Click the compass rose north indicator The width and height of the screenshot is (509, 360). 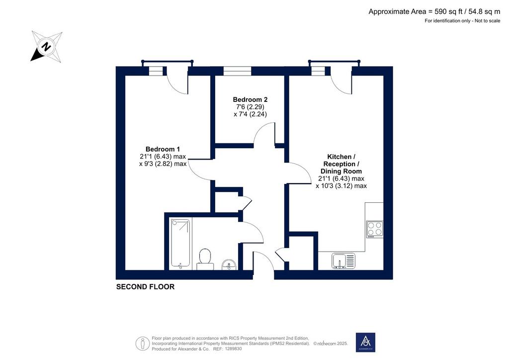click(46, 46)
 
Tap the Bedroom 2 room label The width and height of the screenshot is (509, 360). click(250, 99)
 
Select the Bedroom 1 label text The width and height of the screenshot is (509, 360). click(163, 149)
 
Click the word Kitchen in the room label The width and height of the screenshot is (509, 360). click(339, 157)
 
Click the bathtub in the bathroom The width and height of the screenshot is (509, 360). click(180, 244)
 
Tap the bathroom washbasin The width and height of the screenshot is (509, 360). click(229, 264)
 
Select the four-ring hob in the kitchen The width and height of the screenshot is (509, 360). click(375, 229)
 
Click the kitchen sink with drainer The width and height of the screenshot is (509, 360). click(343, 261)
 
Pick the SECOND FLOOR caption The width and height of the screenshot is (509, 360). click(146, 286)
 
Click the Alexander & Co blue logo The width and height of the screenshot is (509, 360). click(365, 342)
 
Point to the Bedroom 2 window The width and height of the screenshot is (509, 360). click(238, 71)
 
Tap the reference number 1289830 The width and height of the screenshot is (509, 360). click(231, 349)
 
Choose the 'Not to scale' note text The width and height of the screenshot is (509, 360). click(488, 21)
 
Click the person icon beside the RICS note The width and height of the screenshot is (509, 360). click(143, 344)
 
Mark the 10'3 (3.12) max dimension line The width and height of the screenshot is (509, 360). click(341, 186)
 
